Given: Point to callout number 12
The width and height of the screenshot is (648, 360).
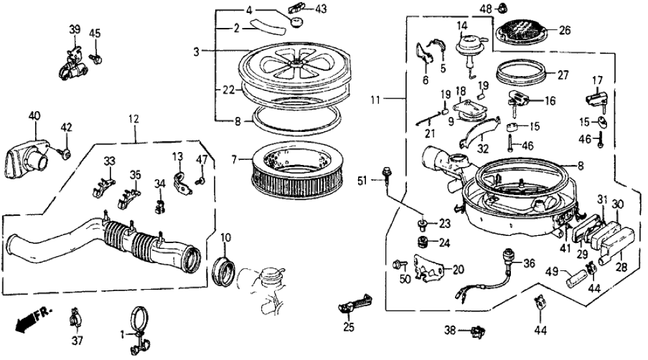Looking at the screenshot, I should click(133, 120).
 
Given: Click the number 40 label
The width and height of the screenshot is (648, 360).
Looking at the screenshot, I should click(34, 116).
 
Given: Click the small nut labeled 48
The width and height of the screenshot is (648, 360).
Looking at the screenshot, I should click(502, 8).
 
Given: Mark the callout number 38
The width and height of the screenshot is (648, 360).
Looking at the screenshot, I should click(450, 331).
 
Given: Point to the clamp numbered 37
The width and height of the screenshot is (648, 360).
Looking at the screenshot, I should click(76, 320).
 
